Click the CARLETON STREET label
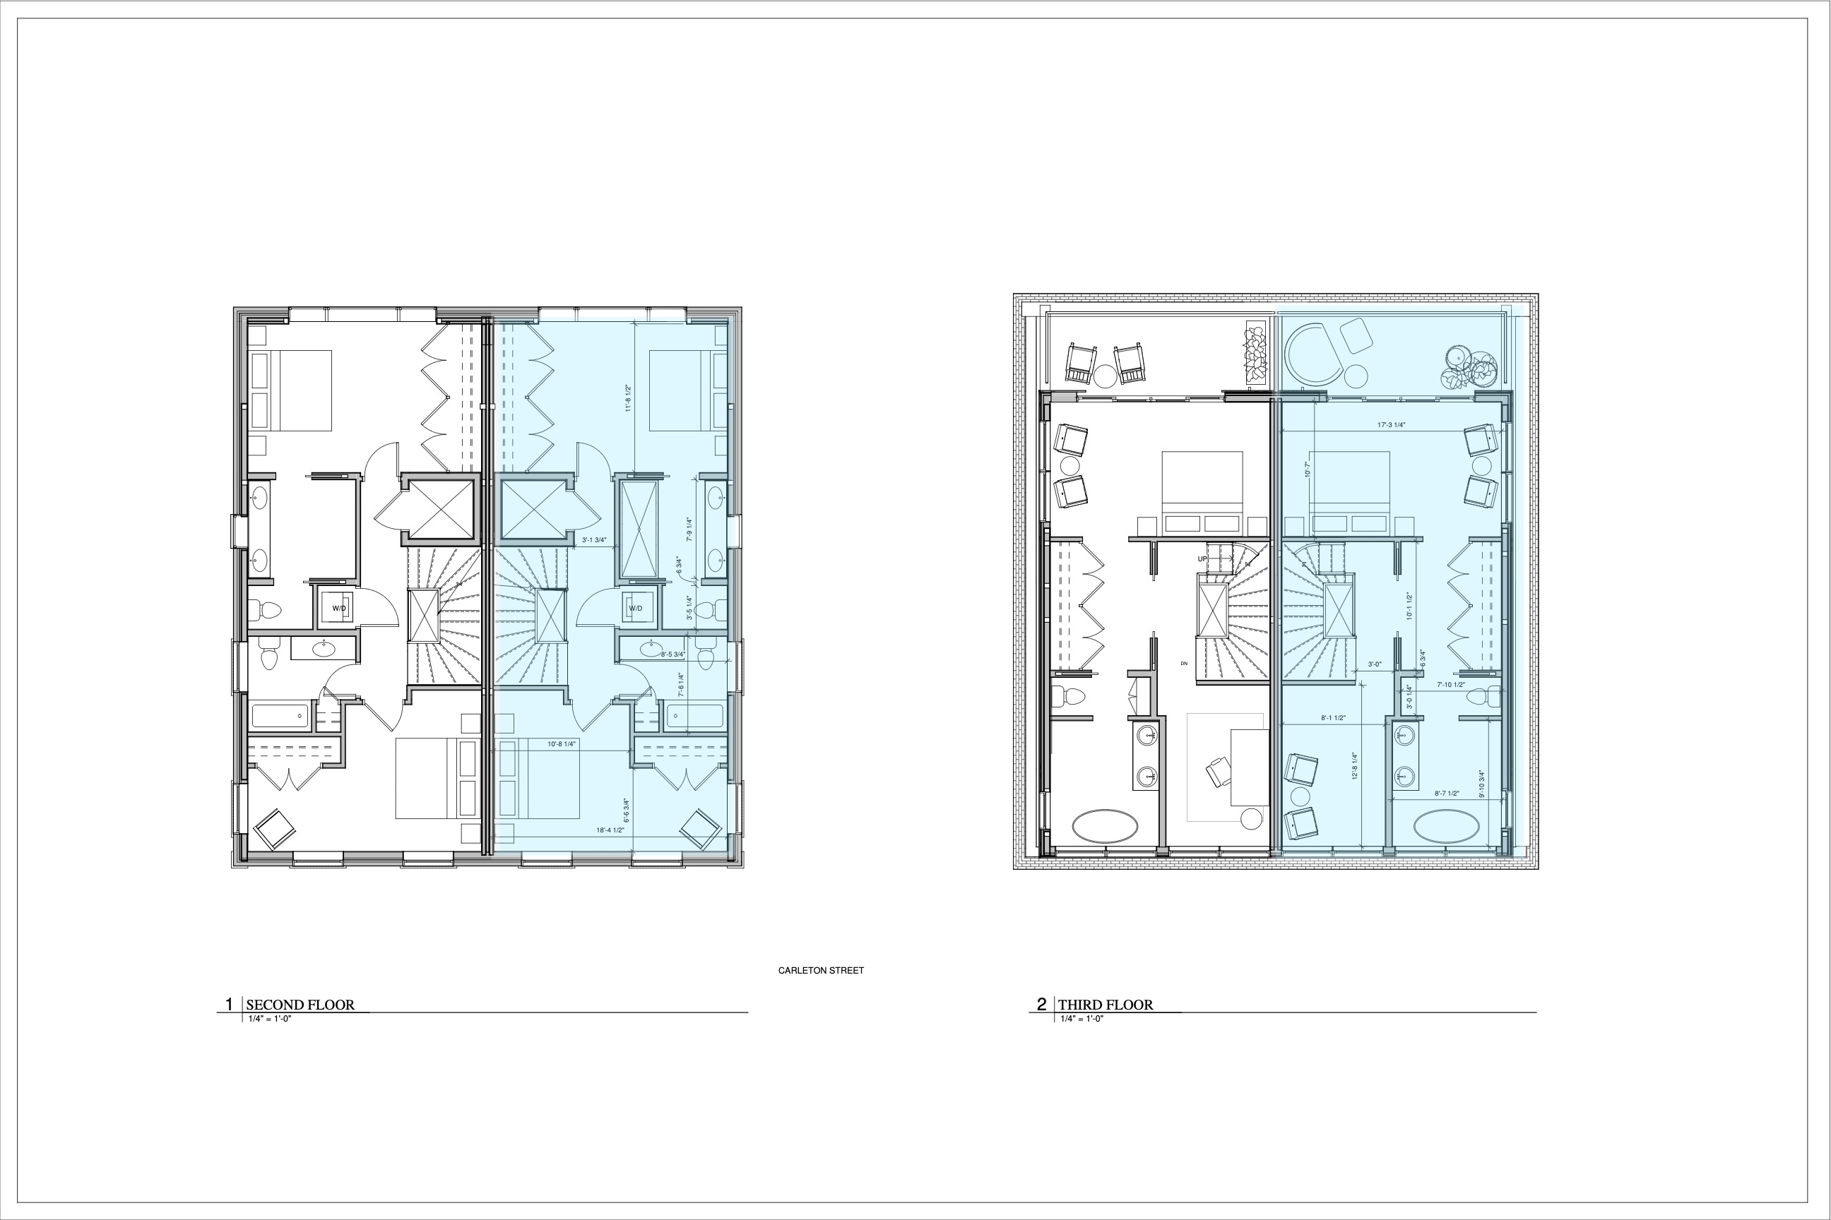(821, 970)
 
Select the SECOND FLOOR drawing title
(300, 1005)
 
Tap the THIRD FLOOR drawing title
(1105, 1005)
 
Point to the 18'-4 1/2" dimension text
(610, 830)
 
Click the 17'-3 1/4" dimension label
(1391, 425)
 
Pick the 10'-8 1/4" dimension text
(562, 744)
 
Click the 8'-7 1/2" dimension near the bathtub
(1447, 794)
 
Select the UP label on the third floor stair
(1202, 558)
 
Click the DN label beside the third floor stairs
(1184, 663)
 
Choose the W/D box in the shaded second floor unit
(636, 608)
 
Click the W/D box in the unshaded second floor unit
(339, 608)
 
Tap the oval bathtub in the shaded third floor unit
(1445, 825)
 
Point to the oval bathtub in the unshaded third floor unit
(1104, 825)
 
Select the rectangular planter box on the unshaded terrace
(1254, 352)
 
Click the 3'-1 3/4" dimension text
(594, 539)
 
